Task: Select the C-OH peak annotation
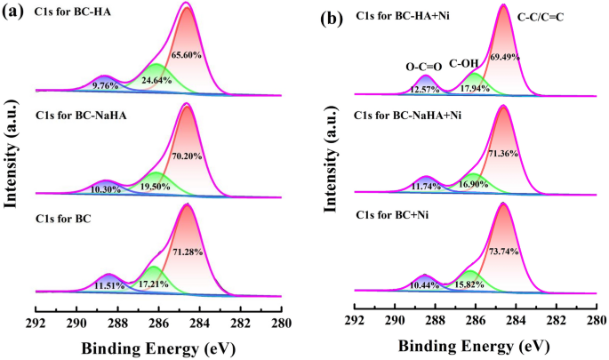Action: [x=466, y=64]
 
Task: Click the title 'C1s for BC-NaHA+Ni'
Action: [x=407, y=116]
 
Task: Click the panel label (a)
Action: [x=14, y=12]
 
